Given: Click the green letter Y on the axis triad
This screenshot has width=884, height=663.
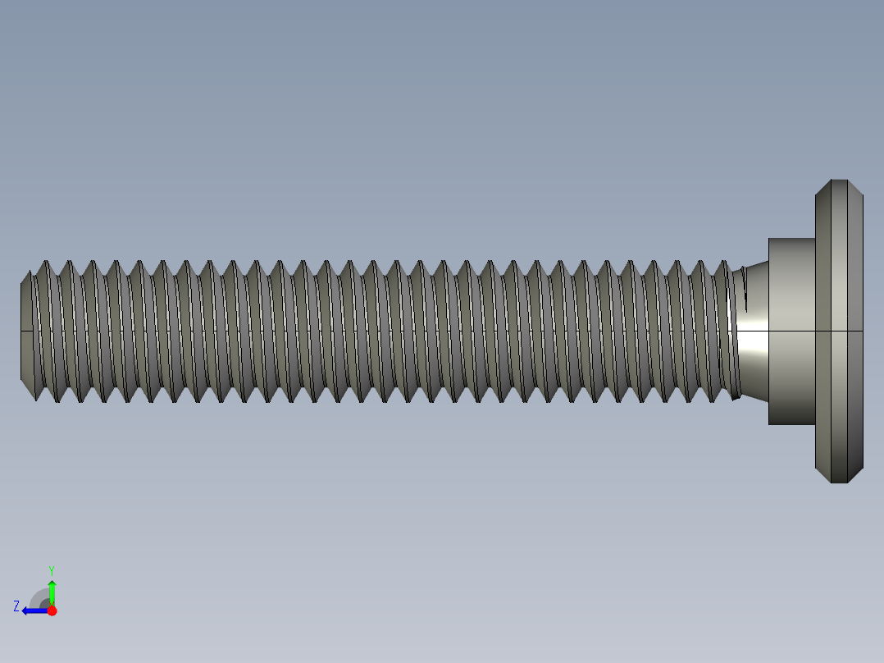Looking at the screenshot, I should [x=51, y=569].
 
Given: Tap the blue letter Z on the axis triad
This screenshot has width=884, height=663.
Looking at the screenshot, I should [x=16, y=606].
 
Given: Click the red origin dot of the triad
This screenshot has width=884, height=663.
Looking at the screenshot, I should [x=52, y=610].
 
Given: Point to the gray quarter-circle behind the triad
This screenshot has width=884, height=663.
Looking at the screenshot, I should [x=39, y=598].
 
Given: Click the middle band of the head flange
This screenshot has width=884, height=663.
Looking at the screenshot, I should [x=839, y=369].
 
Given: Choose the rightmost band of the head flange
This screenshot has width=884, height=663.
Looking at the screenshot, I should [x=855, y=369].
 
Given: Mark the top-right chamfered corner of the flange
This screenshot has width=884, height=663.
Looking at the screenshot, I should [x=855, y=187].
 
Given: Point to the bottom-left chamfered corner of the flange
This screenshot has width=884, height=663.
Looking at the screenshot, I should [x=822, y=475].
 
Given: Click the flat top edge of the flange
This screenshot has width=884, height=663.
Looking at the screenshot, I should [x=839, y=181].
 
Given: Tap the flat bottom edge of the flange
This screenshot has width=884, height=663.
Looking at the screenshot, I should [x=839, y=482].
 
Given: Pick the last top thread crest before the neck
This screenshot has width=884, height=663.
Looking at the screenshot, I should [x=723, y=263].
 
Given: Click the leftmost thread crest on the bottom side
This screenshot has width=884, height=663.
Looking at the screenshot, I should [x=36, y=400].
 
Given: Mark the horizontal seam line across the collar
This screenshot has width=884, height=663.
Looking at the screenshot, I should [x=791, y=331].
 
